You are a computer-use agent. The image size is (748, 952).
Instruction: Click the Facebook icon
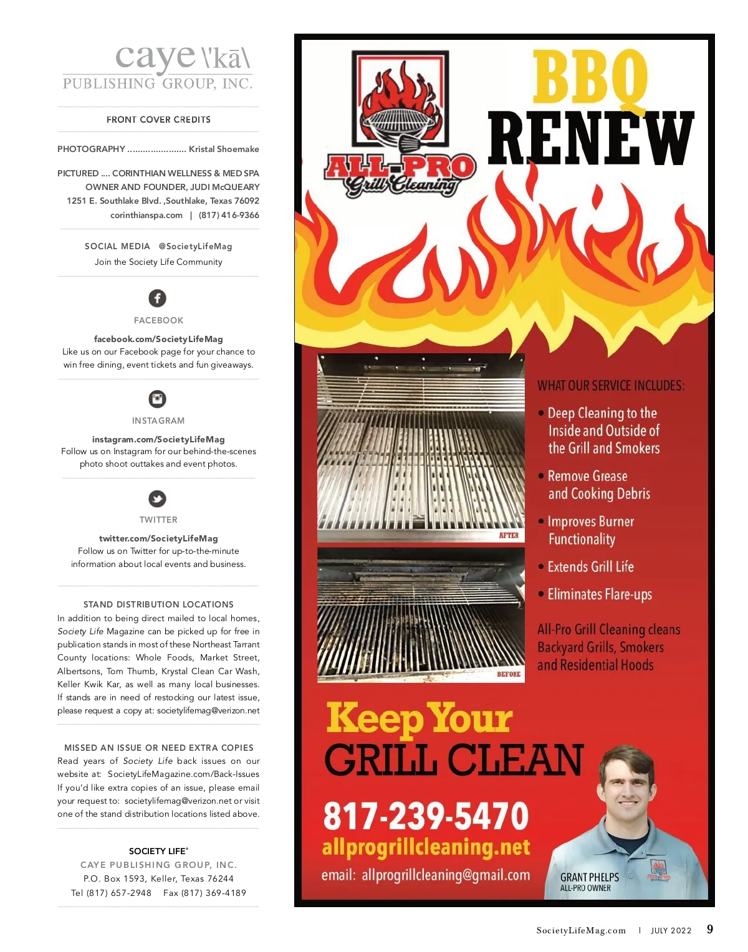point(158,298)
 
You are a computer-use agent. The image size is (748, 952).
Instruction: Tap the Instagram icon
point(158,399)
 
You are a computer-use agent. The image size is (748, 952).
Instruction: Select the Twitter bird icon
point(158,498)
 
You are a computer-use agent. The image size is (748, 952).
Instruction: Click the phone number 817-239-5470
point(426,816)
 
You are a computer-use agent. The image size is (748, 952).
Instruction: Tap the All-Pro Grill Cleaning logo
point(400,125)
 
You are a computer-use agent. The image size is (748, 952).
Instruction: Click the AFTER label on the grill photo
point(509,535)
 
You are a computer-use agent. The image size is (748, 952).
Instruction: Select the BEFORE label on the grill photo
point(509,674)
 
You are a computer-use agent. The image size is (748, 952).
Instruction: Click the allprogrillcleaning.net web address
point(426,847)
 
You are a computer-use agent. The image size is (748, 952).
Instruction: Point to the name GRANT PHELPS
point(589,877)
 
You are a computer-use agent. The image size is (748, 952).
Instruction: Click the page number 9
point(710,930)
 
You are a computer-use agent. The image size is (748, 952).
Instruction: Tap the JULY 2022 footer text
point(671,931)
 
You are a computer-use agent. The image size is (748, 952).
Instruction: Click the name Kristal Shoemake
point(224,149)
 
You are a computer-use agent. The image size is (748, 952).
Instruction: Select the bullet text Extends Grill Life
point(590,567)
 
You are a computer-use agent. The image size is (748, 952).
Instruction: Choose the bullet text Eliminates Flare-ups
point(599,594)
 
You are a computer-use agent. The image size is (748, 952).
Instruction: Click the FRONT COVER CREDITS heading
point(158,120)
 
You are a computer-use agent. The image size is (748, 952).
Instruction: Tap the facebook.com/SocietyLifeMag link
point(158,339)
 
